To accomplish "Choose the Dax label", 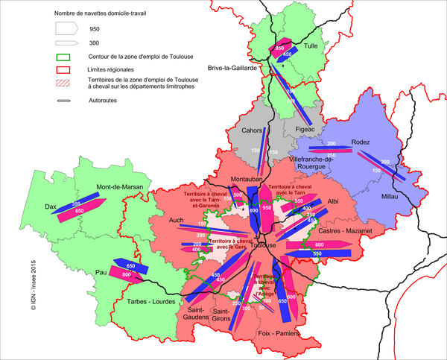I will click(x=51, y=206).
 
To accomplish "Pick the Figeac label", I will click(x=305, y=129).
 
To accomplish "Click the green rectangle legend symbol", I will click(x=66, y=56).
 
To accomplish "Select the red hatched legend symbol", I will click(x=66, y=82).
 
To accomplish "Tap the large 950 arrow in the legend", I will click(x=66, y=28).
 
